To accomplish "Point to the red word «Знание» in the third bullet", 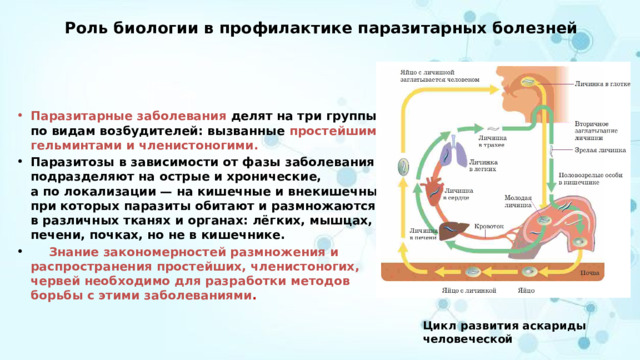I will [x=76, y=252].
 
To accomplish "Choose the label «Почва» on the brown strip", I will [x=589, y=272].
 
